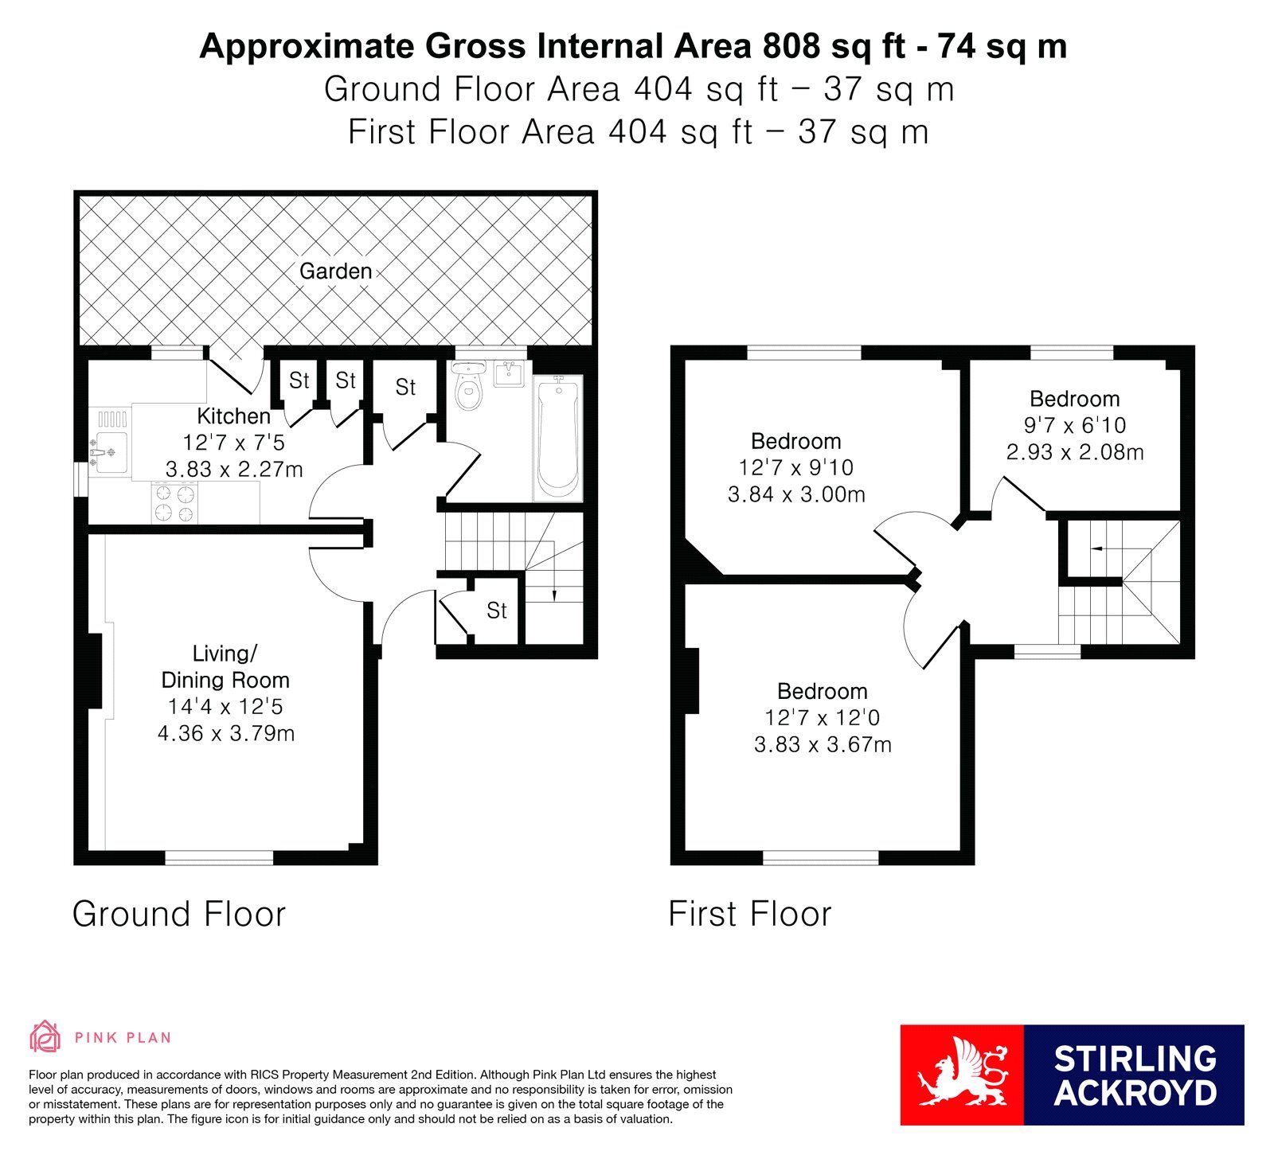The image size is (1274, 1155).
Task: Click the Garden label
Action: [x=335, y=271]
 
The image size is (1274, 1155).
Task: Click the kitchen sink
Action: [x=111, y=452]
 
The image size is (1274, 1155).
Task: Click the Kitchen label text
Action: [x=233, y=416]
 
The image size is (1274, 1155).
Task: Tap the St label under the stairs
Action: [x=497, y=611]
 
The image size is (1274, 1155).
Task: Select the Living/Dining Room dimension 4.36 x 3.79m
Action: [x=226, y=733]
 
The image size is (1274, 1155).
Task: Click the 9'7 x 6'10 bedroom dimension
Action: [x=1075, y=426]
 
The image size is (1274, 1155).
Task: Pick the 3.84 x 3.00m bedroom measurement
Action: [x=796, y=494]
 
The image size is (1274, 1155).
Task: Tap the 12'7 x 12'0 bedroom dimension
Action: [x=823, y=718]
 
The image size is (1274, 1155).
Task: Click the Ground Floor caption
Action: [x=179, y=914]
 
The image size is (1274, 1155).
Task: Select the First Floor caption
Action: [x=750, y=914]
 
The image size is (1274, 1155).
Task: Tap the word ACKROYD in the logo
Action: [x=1135, y=1093]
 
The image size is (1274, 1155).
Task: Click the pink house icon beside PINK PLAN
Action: [x=45, y=1036]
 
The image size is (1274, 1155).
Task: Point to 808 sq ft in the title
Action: [x=834, y=46]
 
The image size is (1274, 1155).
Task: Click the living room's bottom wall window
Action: [x=219, y=858]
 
